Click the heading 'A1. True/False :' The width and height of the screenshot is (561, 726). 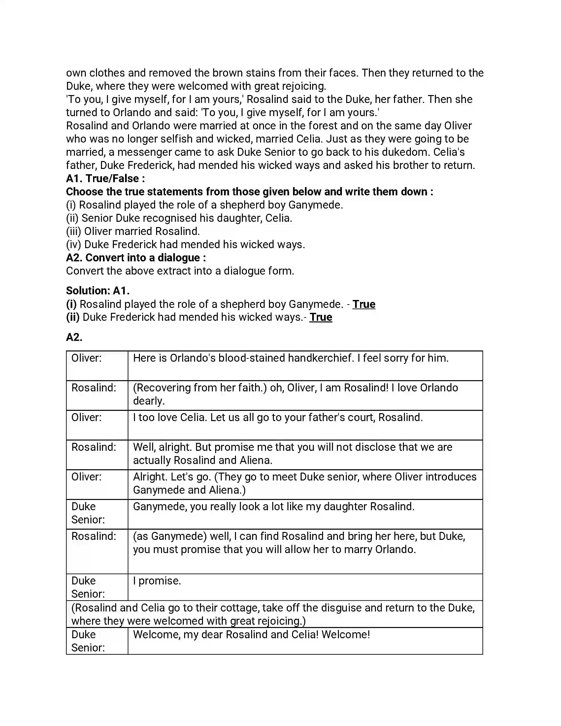click(x=105, y=179)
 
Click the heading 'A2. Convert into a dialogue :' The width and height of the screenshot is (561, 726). click(x=136, y=258)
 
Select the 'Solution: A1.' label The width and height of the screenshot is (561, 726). click(x=98, y=290)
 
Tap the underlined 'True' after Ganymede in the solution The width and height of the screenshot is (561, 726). click(x=364, y=304)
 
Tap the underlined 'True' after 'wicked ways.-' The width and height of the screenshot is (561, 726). click(x=321, y=317)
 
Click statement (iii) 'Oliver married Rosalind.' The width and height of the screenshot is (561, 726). click(x=133, y=231)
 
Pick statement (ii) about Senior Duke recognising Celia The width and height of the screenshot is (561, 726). click(x=179, y=218)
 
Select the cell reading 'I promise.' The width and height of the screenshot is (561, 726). click(x=157, y=581)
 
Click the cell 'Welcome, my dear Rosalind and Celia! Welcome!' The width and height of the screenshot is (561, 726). click(x=251, y=635)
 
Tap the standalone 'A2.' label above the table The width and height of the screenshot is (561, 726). click(x=74, y=337)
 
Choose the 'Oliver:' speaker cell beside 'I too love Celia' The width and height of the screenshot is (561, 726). click(x=87, y=417)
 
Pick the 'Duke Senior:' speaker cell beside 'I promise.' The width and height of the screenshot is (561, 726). click(x=88, y=587)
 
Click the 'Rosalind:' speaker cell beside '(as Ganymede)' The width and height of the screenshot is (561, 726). click(x=94, y=536)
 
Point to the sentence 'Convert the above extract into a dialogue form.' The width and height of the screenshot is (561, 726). click(x=180, y=271)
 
